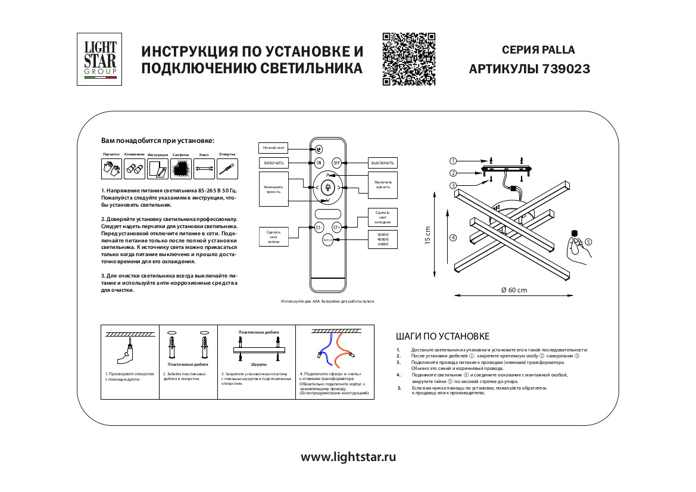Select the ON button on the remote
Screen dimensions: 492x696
pos(319,163)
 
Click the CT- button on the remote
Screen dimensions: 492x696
pos(319,227)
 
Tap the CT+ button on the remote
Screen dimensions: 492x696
pos(336,227)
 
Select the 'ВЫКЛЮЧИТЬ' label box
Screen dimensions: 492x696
pos(382,163)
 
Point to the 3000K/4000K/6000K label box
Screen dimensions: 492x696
pos(382,239)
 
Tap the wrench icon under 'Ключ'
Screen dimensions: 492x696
pos(204,169)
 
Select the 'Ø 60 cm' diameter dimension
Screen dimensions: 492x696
pos(514,290)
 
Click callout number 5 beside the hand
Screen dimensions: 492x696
pos(588,242)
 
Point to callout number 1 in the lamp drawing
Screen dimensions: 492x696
pos(453,161)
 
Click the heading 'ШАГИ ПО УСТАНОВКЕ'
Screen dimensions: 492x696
pos(442,337)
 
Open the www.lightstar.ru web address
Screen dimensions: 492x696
pos(348,457)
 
